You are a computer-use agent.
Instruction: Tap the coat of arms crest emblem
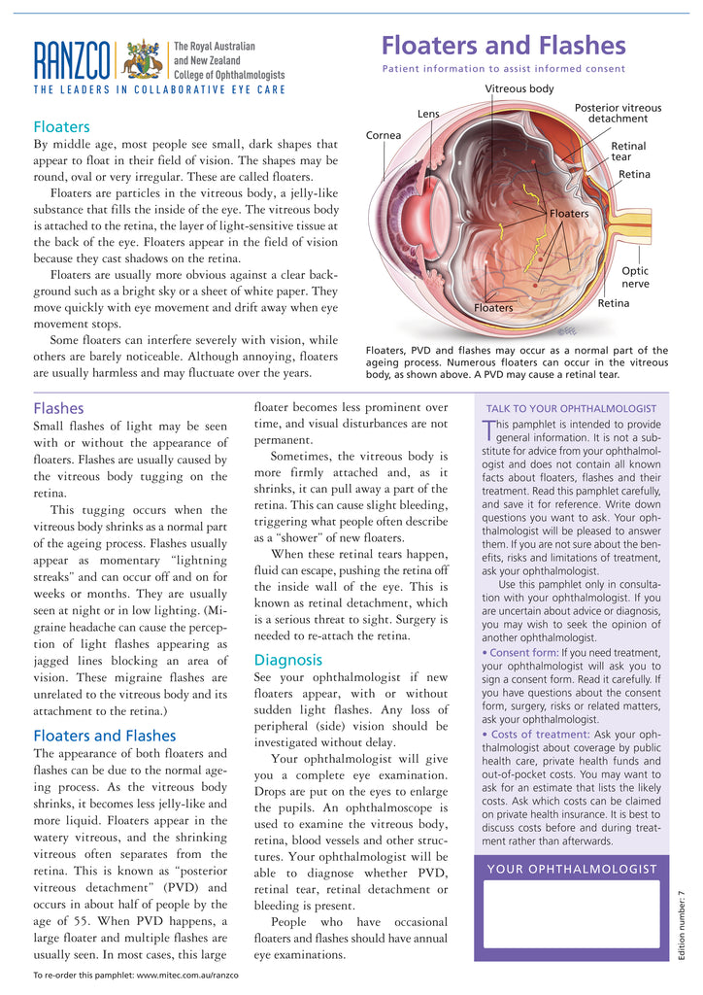point(144,60)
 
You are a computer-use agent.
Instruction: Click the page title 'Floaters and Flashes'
point(503,45)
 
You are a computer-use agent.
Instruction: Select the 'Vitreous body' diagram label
point(519,89)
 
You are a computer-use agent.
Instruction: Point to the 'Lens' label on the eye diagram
point(428,114)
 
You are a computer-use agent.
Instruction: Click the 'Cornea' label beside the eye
point(384,135)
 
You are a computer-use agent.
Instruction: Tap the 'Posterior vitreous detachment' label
point(618,113)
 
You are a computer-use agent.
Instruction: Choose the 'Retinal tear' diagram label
point(627,151)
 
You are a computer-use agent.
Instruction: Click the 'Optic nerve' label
point(635,277)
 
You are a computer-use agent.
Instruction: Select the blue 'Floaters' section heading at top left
point(61,126)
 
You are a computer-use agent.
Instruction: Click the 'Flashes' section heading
point(58,408)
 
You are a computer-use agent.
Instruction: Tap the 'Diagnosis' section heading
point(287,659)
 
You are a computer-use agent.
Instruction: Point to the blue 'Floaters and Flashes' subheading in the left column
point(104,735)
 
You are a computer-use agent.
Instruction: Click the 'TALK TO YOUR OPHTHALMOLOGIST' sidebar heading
point(571,408)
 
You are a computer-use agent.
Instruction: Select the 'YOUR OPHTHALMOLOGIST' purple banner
point(571,869)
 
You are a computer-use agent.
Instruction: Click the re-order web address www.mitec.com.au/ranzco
point(184,975)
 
